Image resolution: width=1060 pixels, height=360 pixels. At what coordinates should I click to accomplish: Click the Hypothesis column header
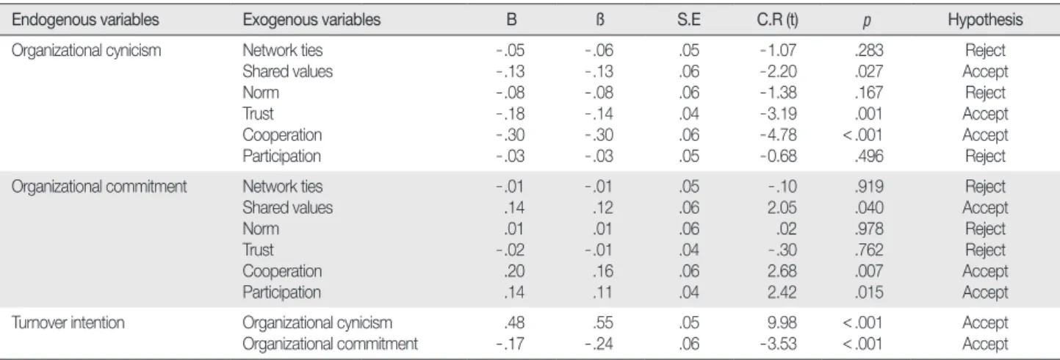click(985, 20)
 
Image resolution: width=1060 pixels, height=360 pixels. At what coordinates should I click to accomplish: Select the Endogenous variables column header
click(85, 19)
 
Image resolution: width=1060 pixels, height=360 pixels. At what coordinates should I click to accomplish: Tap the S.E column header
click(688, 19)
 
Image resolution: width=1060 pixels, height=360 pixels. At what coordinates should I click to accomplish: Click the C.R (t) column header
click(777, 19)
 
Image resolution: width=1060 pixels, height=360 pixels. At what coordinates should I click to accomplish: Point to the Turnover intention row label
click(68, 323)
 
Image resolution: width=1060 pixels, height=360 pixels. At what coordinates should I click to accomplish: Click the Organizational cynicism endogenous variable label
click(86, 51)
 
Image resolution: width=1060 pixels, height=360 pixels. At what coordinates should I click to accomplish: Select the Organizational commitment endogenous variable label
click(99, 187)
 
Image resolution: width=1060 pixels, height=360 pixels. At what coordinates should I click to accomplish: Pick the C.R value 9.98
click(782, 323)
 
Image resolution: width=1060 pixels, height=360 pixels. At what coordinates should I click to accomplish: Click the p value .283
click(869, 50)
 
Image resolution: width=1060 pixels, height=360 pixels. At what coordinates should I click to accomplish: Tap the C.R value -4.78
click(779, 135)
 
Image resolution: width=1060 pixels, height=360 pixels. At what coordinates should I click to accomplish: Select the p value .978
click(869, 228)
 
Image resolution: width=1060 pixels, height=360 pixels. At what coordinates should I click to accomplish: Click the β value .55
click(602, 323)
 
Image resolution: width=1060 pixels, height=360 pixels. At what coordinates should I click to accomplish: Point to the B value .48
click(514, 323)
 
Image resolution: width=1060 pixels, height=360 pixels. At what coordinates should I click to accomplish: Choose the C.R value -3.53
click(779, 344)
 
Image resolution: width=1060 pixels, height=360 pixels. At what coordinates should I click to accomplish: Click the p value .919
click(869, 187)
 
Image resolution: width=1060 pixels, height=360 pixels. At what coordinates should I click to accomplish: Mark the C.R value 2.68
click(782, 271)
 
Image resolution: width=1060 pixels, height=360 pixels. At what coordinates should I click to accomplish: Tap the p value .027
click(869, 71)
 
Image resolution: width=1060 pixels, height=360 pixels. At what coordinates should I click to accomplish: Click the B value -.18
click(510, 114)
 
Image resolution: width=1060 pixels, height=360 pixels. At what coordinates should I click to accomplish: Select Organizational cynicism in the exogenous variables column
click(317, 323)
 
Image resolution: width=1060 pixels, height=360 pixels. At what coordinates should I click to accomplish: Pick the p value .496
click(869, 156)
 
